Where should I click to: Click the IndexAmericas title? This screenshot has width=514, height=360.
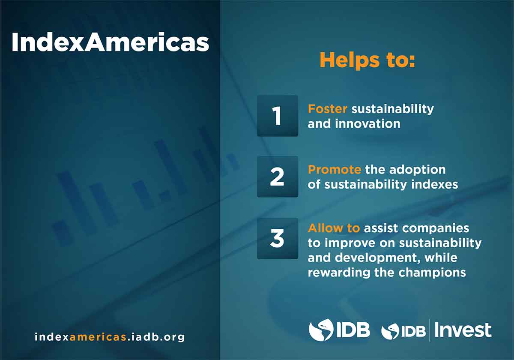tap(111, 42)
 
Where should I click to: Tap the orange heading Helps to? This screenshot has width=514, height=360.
tap(368, 60)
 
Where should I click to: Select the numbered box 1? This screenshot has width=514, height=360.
tap(278, 116)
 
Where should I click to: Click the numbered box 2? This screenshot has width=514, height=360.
tap(278, 177)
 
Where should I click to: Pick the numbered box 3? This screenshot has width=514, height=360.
tap(278, 239)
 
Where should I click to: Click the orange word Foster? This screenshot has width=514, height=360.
tap(327, 109)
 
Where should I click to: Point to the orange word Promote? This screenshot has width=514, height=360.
tap(335, 170)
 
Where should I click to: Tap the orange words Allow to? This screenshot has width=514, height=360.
tap(334, 228)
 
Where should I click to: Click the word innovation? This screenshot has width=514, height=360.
tap(368, 124)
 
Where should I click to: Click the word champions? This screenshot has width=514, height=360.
tap(432, 273)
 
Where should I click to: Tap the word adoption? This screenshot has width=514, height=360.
tap(417, 170)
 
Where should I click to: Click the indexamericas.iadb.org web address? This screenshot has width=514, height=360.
tap(110, 337)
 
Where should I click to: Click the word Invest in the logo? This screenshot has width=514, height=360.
tap(463, 330)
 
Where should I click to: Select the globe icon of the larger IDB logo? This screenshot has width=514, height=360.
tap(321, 330)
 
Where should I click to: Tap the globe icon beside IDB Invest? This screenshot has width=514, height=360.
tap(390, 331)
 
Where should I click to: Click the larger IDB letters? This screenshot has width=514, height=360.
tap(353, 330)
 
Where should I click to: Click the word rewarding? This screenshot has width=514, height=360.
tap(339, 273)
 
